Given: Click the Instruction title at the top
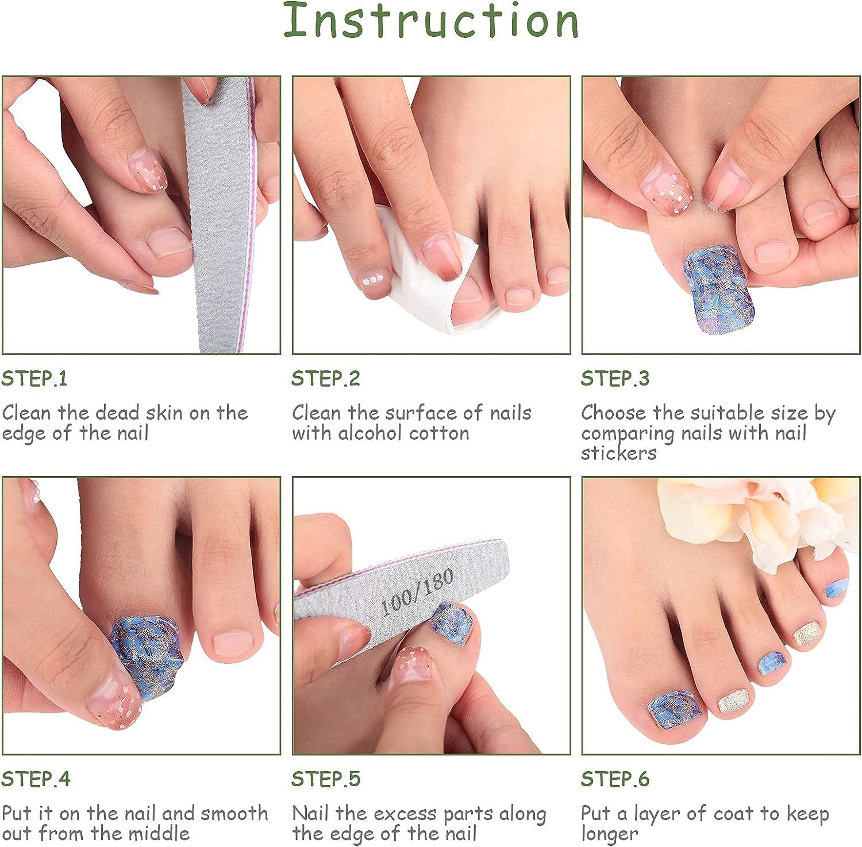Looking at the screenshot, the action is (x=431, y=21).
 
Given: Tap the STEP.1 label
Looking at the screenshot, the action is (x=34, y=379).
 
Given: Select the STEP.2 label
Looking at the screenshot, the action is (x=326, y=379).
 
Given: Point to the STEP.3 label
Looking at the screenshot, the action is (x=615, y=379).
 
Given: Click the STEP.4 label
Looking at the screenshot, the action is (x=36, y=779).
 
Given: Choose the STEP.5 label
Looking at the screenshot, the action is (x=326, y=779).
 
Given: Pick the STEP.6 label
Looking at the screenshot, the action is (x=615, y=779).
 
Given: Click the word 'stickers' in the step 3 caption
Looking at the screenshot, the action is (x=618, y=453).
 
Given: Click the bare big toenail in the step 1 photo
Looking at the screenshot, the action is (x=168, y=241).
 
